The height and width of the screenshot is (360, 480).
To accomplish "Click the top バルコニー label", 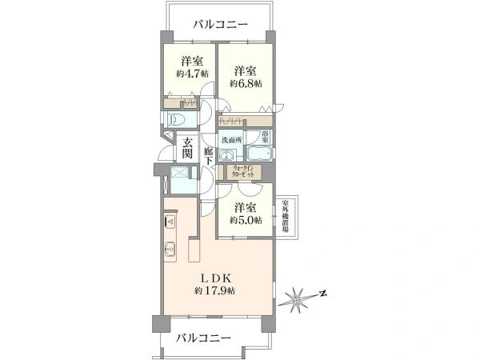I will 220,23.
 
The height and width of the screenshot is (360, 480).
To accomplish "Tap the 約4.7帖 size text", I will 192,74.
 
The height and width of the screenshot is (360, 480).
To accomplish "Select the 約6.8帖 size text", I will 246,83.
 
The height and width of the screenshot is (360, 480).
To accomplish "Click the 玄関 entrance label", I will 186,149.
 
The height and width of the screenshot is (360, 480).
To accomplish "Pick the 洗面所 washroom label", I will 232,139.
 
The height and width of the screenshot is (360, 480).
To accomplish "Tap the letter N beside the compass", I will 322,293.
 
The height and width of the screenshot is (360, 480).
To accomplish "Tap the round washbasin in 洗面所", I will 228,155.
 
